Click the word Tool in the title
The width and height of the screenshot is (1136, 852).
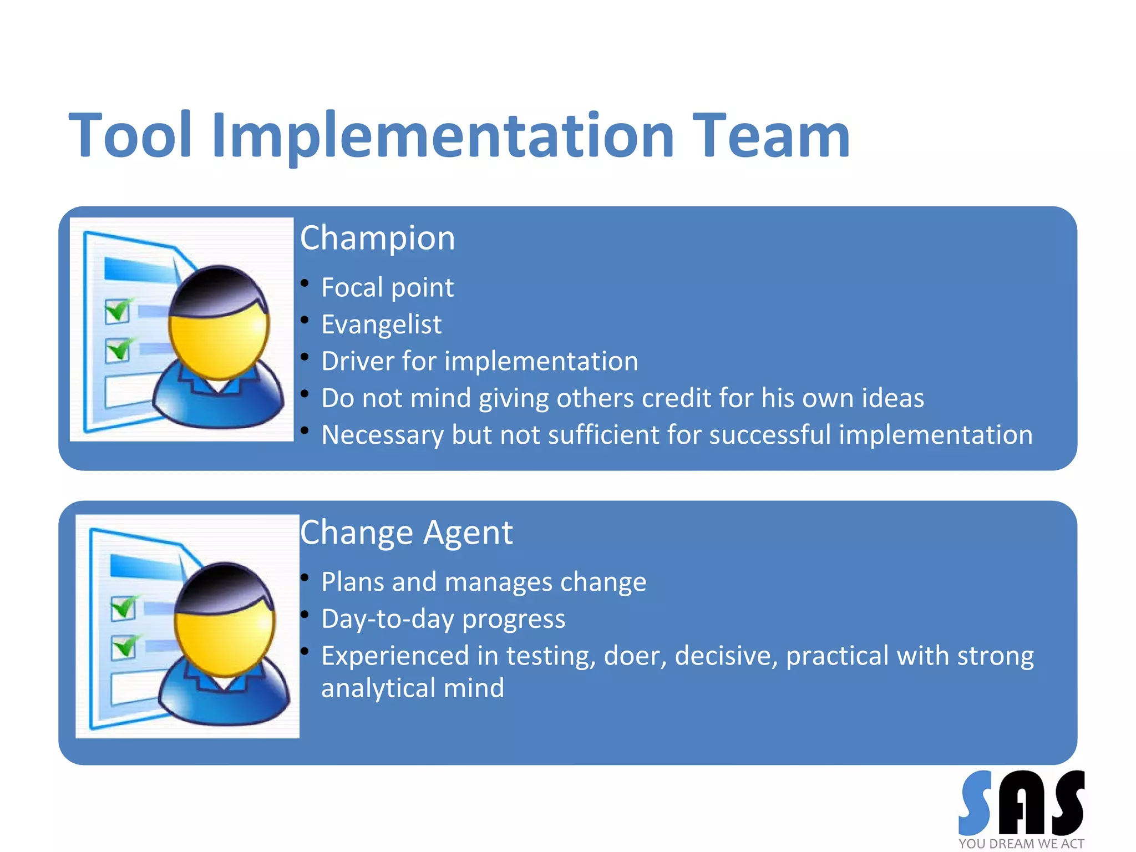pos(130,135)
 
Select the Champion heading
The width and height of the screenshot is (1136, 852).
pos(377,238)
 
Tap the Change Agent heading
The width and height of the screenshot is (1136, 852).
pos(406,532)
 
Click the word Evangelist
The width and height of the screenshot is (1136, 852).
pos(381,324)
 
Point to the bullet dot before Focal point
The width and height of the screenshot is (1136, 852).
pos(305,283)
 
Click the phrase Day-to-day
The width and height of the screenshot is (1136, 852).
pos(388,619)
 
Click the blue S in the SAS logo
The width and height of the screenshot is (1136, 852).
pos(975,803)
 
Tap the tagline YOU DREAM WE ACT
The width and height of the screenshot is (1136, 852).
pos(1021,844)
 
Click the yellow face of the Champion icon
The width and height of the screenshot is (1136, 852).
pos(219,344)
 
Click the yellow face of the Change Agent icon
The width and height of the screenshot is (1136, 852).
pos(224,641)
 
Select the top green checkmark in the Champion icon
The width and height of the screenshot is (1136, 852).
pos(118,310)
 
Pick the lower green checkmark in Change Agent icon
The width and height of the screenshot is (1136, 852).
pos(124,647)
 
